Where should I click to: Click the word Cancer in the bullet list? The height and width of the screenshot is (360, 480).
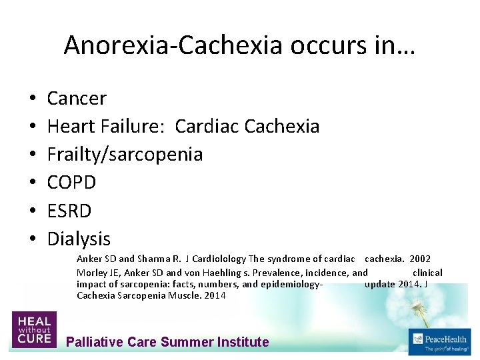77,99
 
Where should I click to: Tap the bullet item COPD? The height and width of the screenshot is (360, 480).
71,182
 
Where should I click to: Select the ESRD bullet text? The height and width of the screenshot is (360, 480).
69,210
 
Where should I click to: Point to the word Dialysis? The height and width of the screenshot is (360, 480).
79,238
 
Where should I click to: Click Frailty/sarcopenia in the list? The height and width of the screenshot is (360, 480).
125,154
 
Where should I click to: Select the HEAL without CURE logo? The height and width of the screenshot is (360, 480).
33,329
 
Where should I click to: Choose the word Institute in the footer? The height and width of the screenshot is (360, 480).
243,342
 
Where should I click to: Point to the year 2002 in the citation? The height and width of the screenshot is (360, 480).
420,259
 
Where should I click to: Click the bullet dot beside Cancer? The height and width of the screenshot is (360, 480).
33,99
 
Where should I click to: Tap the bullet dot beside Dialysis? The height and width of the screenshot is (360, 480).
33,239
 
